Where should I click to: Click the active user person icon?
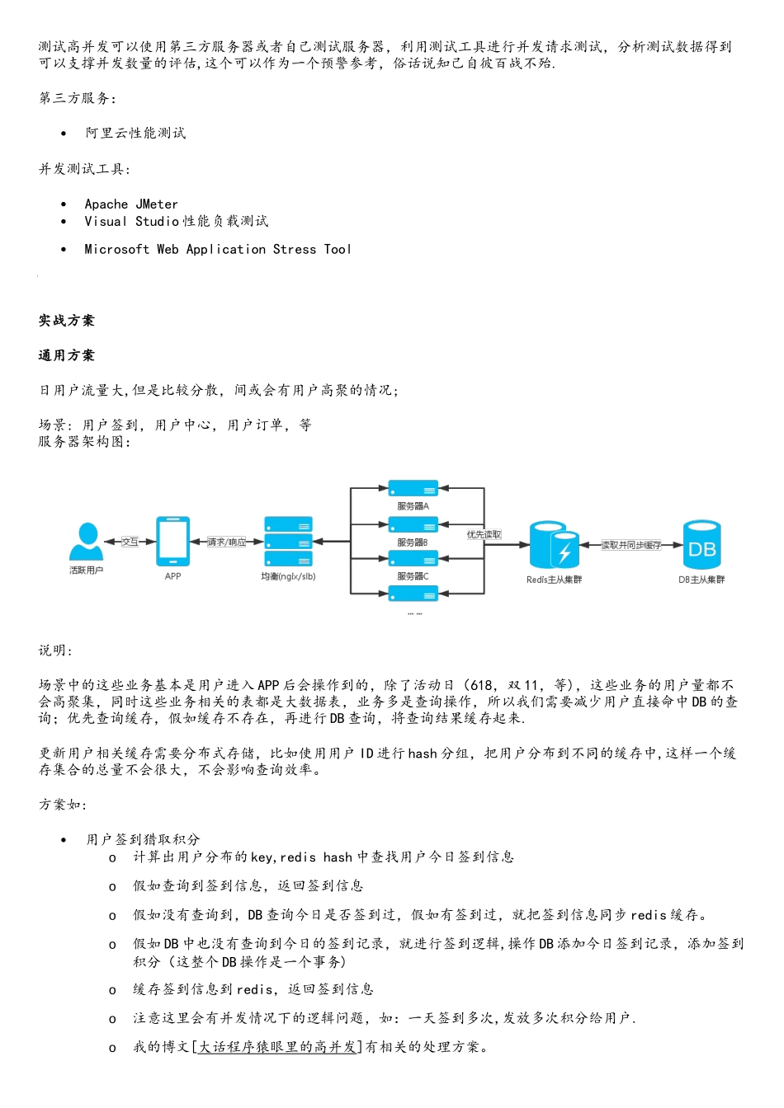coord(86,542)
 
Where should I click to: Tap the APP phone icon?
coord(172,542)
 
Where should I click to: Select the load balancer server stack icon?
coord(288,542)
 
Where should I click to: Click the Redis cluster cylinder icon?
coord(554,545)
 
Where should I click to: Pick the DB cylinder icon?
coord(701,545)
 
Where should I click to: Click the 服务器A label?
coord(413,506)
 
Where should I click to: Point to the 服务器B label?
coord(413,542)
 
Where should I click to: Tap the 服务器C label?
coord(413,576)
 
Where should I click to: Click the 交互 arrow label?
coord(130,542)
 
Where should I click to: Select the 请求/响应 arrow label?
coord(226,542)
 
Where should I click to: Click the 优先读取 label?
coord(484,535)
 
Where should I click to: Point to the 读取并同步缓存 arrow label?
coord(631,545)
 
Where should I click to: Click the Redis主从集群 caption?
coord(554,580)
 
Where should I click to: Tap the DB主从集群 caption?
coord(701,580)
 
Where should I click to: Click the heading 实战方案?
coord(67,321)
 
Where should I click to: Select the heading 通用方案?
coord(67,355)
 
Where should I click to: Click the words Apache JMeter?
coord(131,204)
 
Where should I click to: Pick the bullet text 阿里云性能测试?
coord(135,133)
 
